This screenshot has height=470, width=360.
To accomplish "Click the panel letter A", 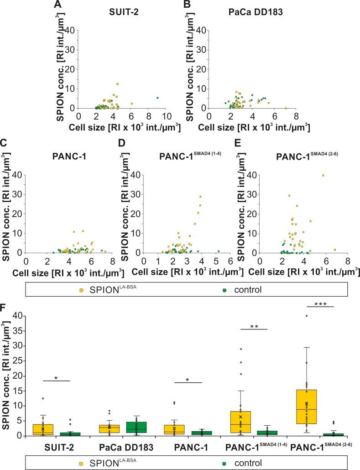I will [57, 5].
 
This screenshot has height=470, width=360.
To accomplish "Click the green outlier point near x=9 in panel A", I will [157, 98].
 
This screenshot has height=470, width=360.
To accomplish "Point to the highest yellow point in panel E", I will [323, 175].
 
